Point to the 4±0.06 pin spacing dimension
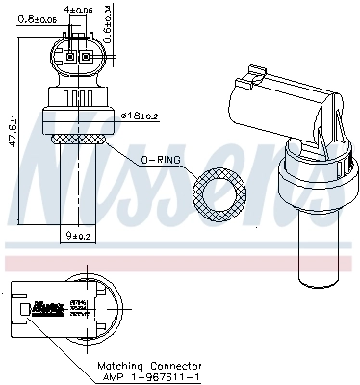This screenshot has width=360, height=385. [80, 11]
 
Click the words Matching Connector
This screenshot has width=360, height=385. [148, 367]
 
